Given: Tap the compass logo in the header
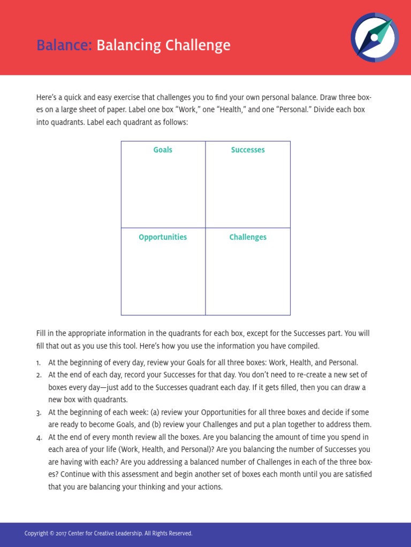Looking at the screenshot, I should [x=375, y=37].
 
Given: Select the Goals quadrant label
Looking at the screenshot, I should [x=163, y=150].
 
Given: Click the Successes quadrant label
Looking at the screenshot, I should [x=248, y=150].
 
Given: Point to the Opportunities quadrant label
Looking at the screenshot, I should [x=163, y=237].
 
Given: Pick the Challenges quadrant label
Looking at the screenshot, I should [x=248, y=237].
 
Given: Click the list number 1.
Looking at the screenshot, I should [x=39, y=363].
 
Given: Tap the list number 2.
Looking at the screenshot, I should [x=39, y=375].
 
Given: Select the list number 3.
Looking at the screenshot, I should [x=39, y=413].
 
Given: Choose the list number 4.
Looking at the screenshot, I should [x=39, y=437].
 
